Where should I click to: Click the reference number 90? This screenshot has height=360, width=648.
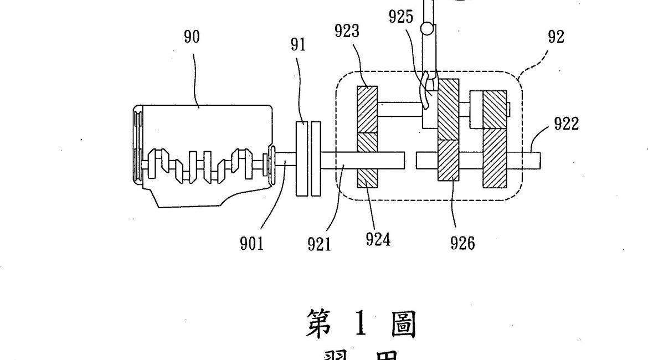(192, 38)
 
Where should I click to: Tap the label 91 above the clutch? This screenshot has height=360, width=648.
(299, 45)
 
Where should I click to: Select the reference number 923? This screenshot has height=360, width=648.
(347, 32)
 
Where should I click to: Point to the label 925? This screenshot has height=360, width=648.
(401, 17)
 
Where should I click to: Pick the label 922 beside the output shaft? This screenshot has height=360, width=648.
(566, 124)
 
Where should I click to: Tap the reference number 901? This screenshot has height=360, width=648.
(251, 244)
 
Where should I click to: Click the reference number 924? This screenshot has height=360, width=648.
(378, 240)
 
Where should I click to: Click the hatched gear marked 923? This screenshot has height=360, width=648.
(366, 109)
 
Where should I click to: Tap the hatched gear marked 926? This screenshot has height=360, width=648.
(449, 160)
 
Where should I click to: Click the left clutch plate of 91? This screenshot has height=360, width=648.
(302, 158)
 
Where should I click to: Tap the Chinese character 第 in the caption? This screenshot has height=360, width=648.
(320, 325)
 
